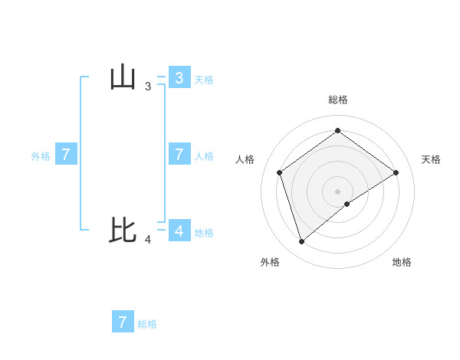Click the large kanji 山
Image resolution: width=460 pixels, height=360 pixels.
click(123, 77)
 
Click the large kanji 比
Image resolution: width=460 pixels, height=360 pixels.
click(123, 230)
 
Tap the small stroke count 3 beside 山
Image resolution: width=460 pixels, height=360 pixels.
click(148, 87)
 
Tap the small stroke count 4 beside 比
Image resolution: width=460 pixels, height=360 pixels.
click(148, 240)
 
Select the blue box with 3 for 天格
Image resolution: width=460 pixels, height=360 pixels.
click(179, 77)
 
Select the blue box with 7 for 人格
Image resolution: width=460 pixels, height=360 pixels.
click(179, 155)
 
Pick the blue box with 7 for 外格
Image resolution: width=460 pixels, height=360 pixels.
click(66, 155)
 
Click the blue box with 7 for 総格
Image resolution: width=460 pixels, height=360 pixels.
click(123, 322)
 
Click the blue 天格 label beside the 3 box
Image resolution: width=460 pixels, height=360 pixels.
click(204, 79)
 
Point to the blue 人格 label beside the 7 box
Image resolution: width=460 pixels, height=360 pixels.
click(204, 156)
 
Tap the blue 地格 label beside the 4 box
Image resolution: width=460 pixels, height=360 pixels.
click(204, 232)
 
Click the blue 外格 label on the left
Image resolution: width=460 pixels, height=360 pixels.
click(41, 156)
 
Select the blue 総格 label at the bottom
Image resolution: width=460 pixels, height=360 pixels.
click(147, 324)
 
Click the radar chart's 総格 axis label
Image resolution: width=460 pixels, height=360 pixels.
click(338, 100)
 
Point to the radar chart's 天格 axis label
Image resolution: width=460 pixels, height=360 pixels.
click(431, 159)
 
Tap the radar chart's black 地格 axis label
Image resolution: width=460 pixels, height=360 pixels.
click(402, 262)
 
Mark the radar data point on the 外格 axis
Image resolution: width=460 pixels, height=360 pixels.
click(302, 242)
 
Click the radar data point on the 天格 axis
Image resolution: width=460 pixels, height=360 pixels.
click(396, 172)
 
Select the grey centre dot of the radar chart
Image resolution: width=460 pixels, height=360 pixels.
click(338, 190)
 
